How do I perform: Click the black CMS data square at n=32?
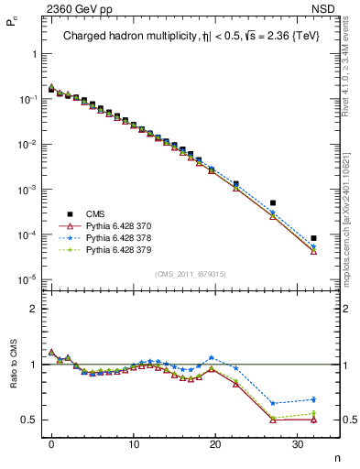click(313, 238)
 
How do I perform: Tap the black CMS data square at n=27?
click(272, 202)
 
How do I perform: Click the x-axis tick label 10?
click(134, 443)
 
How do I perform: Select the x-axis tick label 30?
click(297, 443)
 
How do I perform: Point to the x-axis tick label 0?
click(52, 443)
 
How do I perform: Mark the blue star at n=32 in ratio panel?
click(313, 399)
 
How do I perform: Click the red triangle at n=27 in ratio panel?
click(272, 420)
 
